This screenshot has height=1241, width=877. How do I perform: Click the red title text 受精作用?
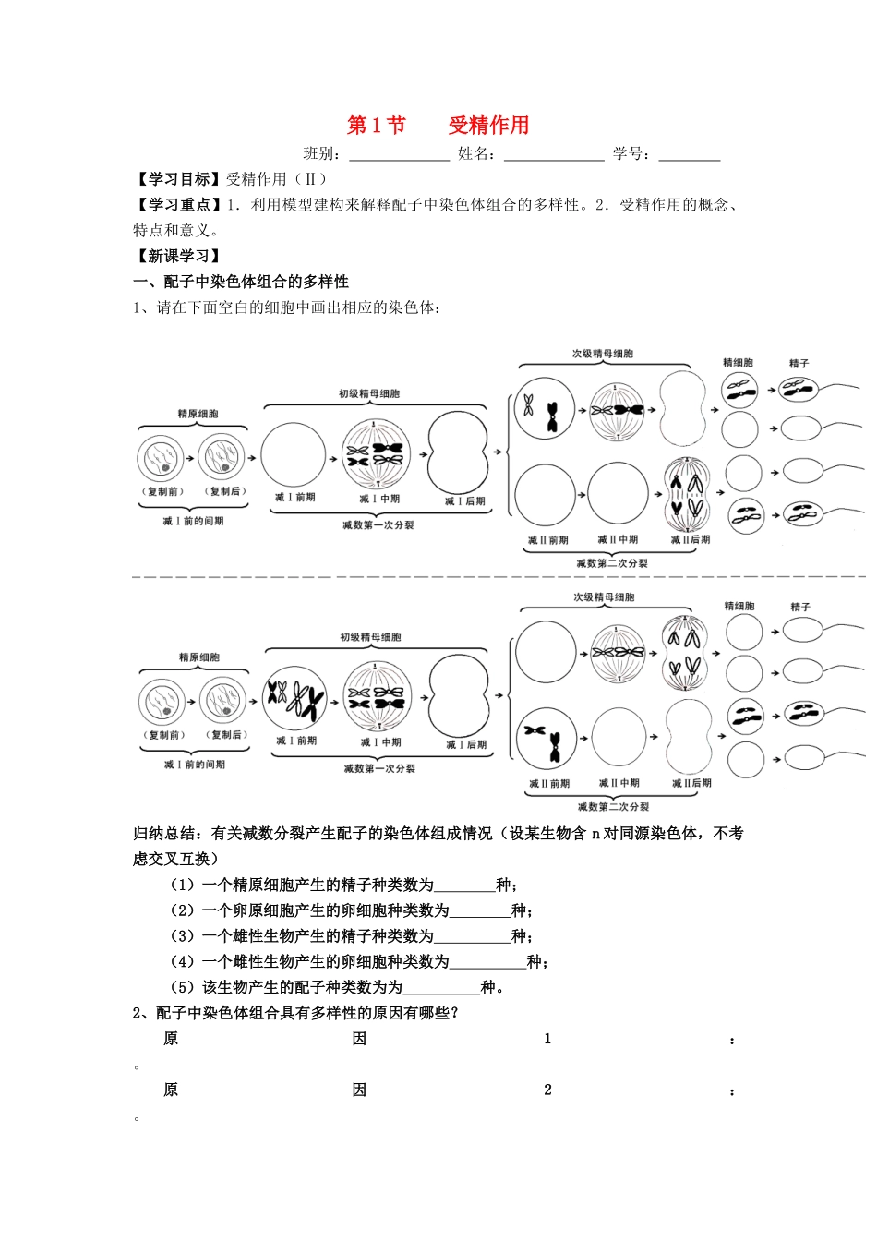click(488, 126)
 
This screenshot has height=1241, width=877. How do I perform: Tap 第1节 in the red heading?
click(376, 126)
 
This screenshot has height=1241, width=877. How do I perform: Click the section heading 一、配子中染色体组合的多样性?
click(241, 282)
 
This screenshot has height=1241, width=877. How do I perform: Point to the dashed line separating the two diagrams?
click(499, 577)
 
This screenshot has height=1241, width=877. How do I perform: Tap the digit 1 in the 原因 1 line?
click(547, 1039)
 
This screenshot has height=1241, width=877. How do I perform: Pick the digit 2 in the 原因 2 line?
click(547, 1090)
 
